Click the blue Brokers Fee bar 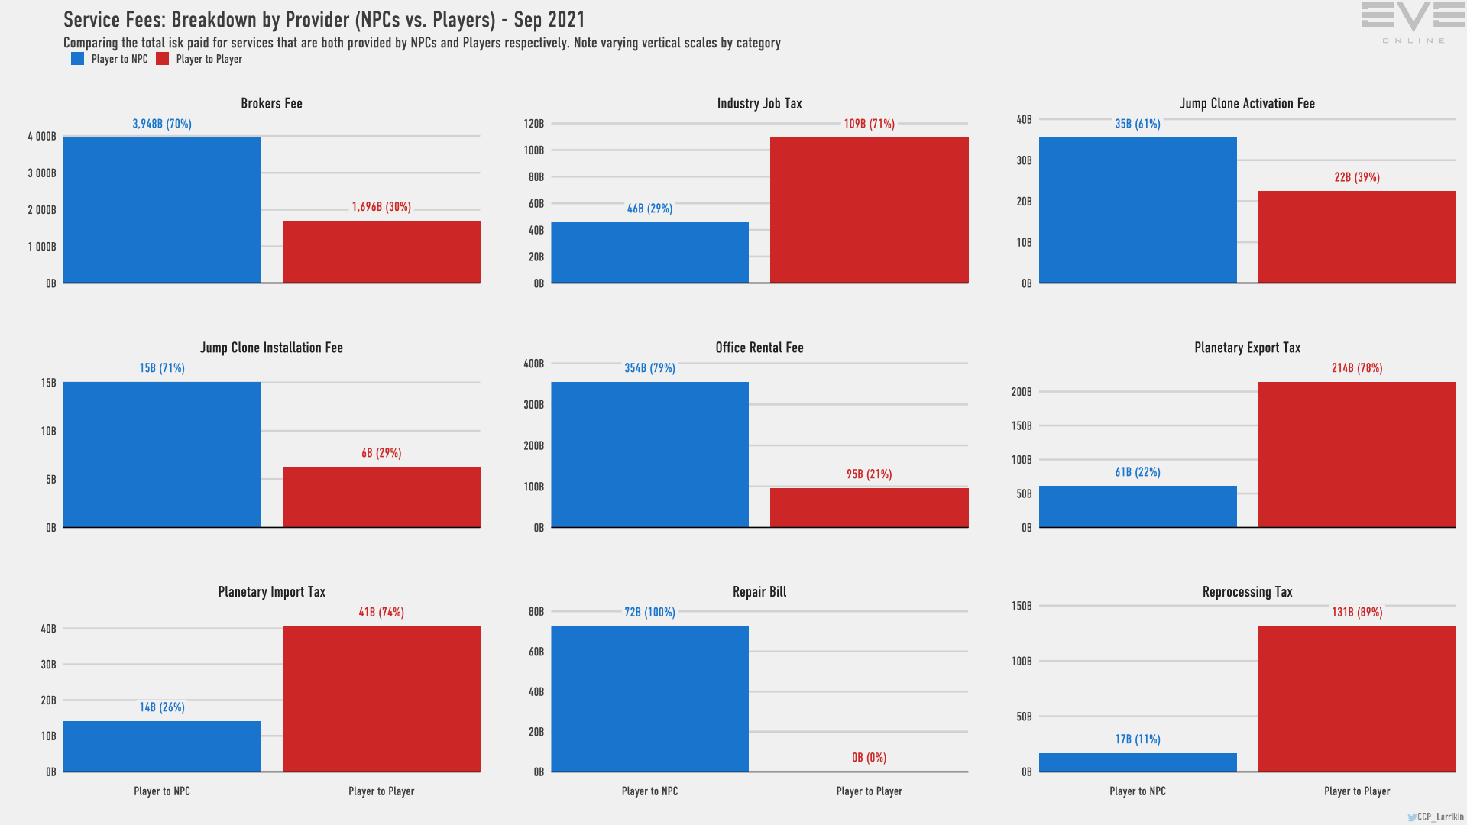pos(162,210)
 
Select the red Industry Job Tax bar pos(869,210)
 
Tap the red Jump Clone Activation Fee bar pos(1357,237)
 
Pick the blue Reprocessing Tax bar pos(1138,762)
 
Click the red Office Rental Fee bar pos(869,507)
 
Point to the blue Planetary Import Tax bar pos(162,746)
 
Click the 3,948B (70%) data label pos(162,124)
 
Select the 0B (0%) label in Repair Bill pos(869,758)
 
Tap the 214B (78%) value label pos(1357,368)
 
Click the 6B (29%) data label pos(381,453)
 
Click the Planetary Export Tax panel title pos(1247,348)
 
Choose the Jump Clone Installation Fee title pos(271,348)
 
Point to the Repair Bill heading pos(759,592)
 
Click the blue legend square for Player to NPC pos(77,59)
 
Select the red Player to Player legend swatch pos(162,59)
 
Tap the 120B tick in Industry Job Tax pos(534,124)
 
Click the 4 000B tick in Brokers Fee pos(42,137)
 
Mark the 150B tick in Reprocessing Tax pos(1022,606)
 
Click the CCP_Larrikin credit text pos(1439,817)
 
